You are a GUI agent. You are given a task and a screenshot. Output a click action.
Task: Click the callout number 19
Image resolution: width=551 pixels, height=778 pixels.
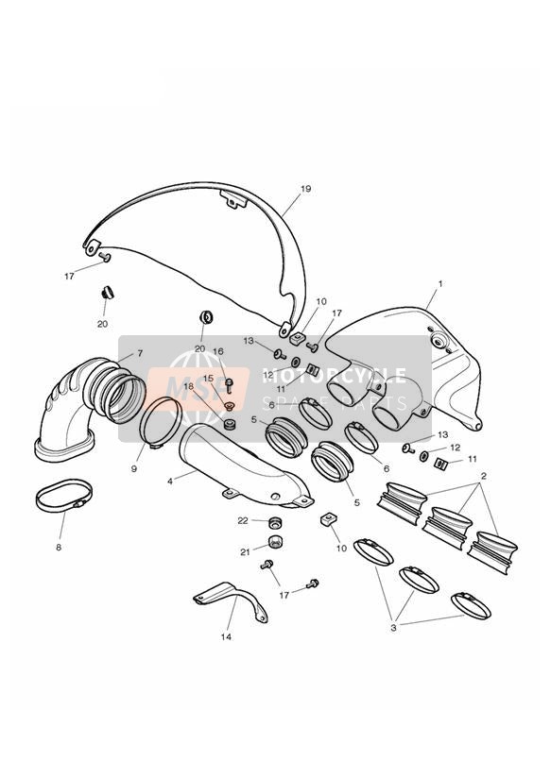(305, 189)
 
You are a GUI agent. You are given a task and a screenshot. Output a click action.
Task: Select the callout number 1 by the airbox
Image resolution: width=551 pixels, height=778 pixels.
(439, 284)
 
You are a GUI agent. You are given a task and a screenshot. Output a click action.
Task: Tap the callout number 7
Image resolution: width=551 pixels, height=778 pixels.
(140, 353)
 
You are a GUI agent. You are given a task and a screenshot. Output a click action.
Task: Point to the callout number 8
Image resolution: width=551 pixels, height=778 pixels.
(59, 548)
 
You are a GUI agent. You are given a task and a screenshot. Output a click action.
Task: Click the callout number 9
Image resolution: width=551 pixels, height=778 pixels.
(133, 468)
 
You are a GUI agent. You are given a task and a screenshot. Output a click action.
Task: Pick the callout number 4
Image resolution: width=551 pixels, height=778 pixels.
(170, 481)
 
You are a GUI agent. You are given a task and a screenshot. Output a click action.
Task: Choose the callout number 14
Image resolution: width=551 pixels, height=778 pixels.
(226, 636)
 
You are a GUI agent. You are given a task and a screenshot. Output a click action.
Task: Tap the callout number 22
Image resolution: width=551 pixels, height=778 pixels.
(243, 520)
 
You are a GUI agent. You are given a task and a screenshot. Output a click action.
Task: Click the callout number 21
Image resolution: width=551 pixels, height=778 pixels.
(245, 551)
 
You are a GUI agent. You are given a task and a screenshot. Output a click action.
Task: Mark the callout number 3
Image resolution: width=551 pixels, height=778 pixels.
(393, 628)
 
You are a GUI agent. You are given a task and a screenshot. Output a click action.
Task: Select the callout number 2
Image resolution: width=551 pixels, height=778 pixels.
(484, 476)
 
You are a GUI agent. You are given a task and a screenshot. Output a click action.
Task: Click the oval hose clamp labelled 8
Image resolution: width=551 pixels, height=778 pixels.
(64, 496)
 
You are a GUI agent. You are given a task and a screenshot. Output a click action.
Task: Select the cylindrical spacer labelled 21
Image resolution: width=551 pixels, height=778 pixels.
(275, 541)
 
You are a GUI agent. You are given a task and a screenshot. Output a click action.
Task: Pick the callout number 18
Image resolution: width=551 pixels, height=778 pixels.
(189, 386)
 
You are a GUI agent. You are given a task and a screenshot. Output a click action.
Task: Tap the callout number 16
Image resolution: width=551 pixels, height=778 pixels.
(218, 351)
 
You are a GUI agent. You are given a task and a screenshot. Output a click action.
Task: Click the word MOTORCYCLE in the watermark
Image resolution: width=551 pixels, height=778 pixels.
(335, 376)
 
